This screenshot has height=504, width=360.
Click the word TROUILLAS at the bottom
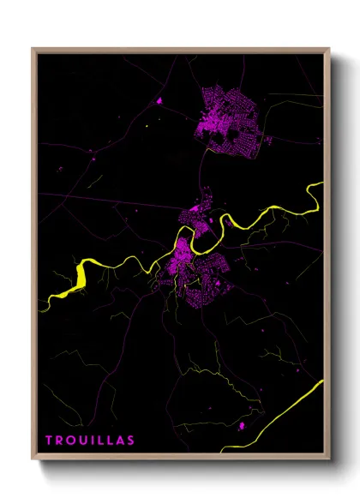tap(90, 441)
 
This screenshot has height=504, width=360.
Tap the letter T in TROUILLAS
tap(49, 441)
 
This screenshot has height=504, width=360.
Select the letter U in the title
tap(81, 441)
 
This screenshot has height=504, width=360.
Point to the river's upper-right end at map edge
tap(321, 184)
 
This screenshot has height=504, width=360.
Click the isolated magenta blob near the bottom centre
tap(243, 424)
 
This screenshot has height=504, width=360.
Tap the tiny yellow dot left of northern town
tap(147, 129)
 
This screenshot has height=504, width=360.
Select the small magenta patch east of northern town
tap(268, 140)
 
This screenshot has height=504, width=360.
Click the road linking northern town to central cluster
tap(206, 171)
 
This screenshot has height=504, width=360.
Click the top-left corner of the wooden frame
tap(33, 50)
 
